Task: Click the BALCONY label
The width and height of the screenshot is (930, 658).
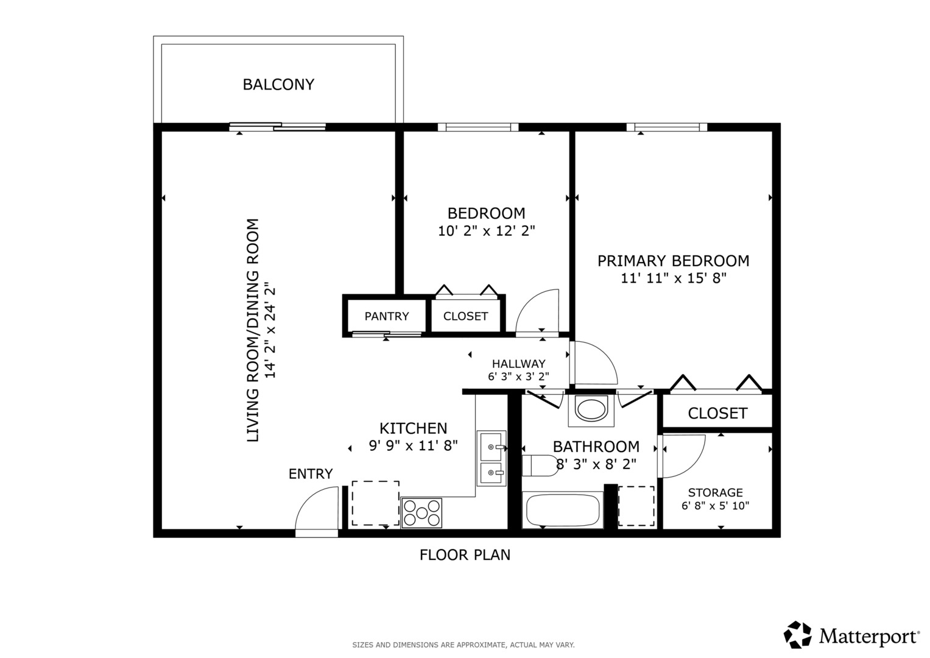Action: tap(278, 84)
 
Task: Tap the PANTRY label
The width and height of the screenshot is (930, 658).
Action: tap(387, 316)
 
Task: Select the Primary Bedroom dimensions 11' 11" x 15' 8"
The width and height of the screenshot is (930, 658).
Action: tap(674, 278)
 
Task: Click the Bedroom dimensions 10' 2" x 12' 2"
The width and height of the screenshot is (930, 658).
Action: tap(486, 231)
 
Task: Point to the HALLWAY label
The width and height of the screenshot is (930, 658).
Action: tap(518, 364)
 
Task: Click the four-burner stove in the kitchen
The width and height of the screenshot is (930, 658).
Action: tap(421, 512)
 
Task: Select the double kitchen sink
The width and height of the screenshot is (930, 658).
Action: tap(491, 459)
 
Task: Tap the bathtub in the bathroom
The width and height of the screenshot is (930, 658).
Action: tap(562, 511)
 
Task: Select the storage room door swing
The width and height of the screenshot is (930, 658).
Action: tap(682, 456)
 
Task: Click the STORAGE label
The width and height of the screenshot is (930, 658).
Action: tap(715, 492)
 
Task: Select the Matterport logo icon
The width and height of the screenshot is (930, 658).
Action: tap(797, 635)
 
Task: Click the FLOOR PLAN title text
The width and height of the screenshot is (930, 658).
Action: tap(465, 555)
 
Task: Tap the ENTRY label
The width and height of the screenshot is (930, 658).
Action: tap(311, 473)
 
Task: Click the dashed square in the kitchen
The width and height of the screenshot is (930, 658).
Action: tap(375, 503)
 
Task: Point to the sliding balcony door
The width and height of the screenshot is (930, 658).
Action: tap(278, 127)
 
